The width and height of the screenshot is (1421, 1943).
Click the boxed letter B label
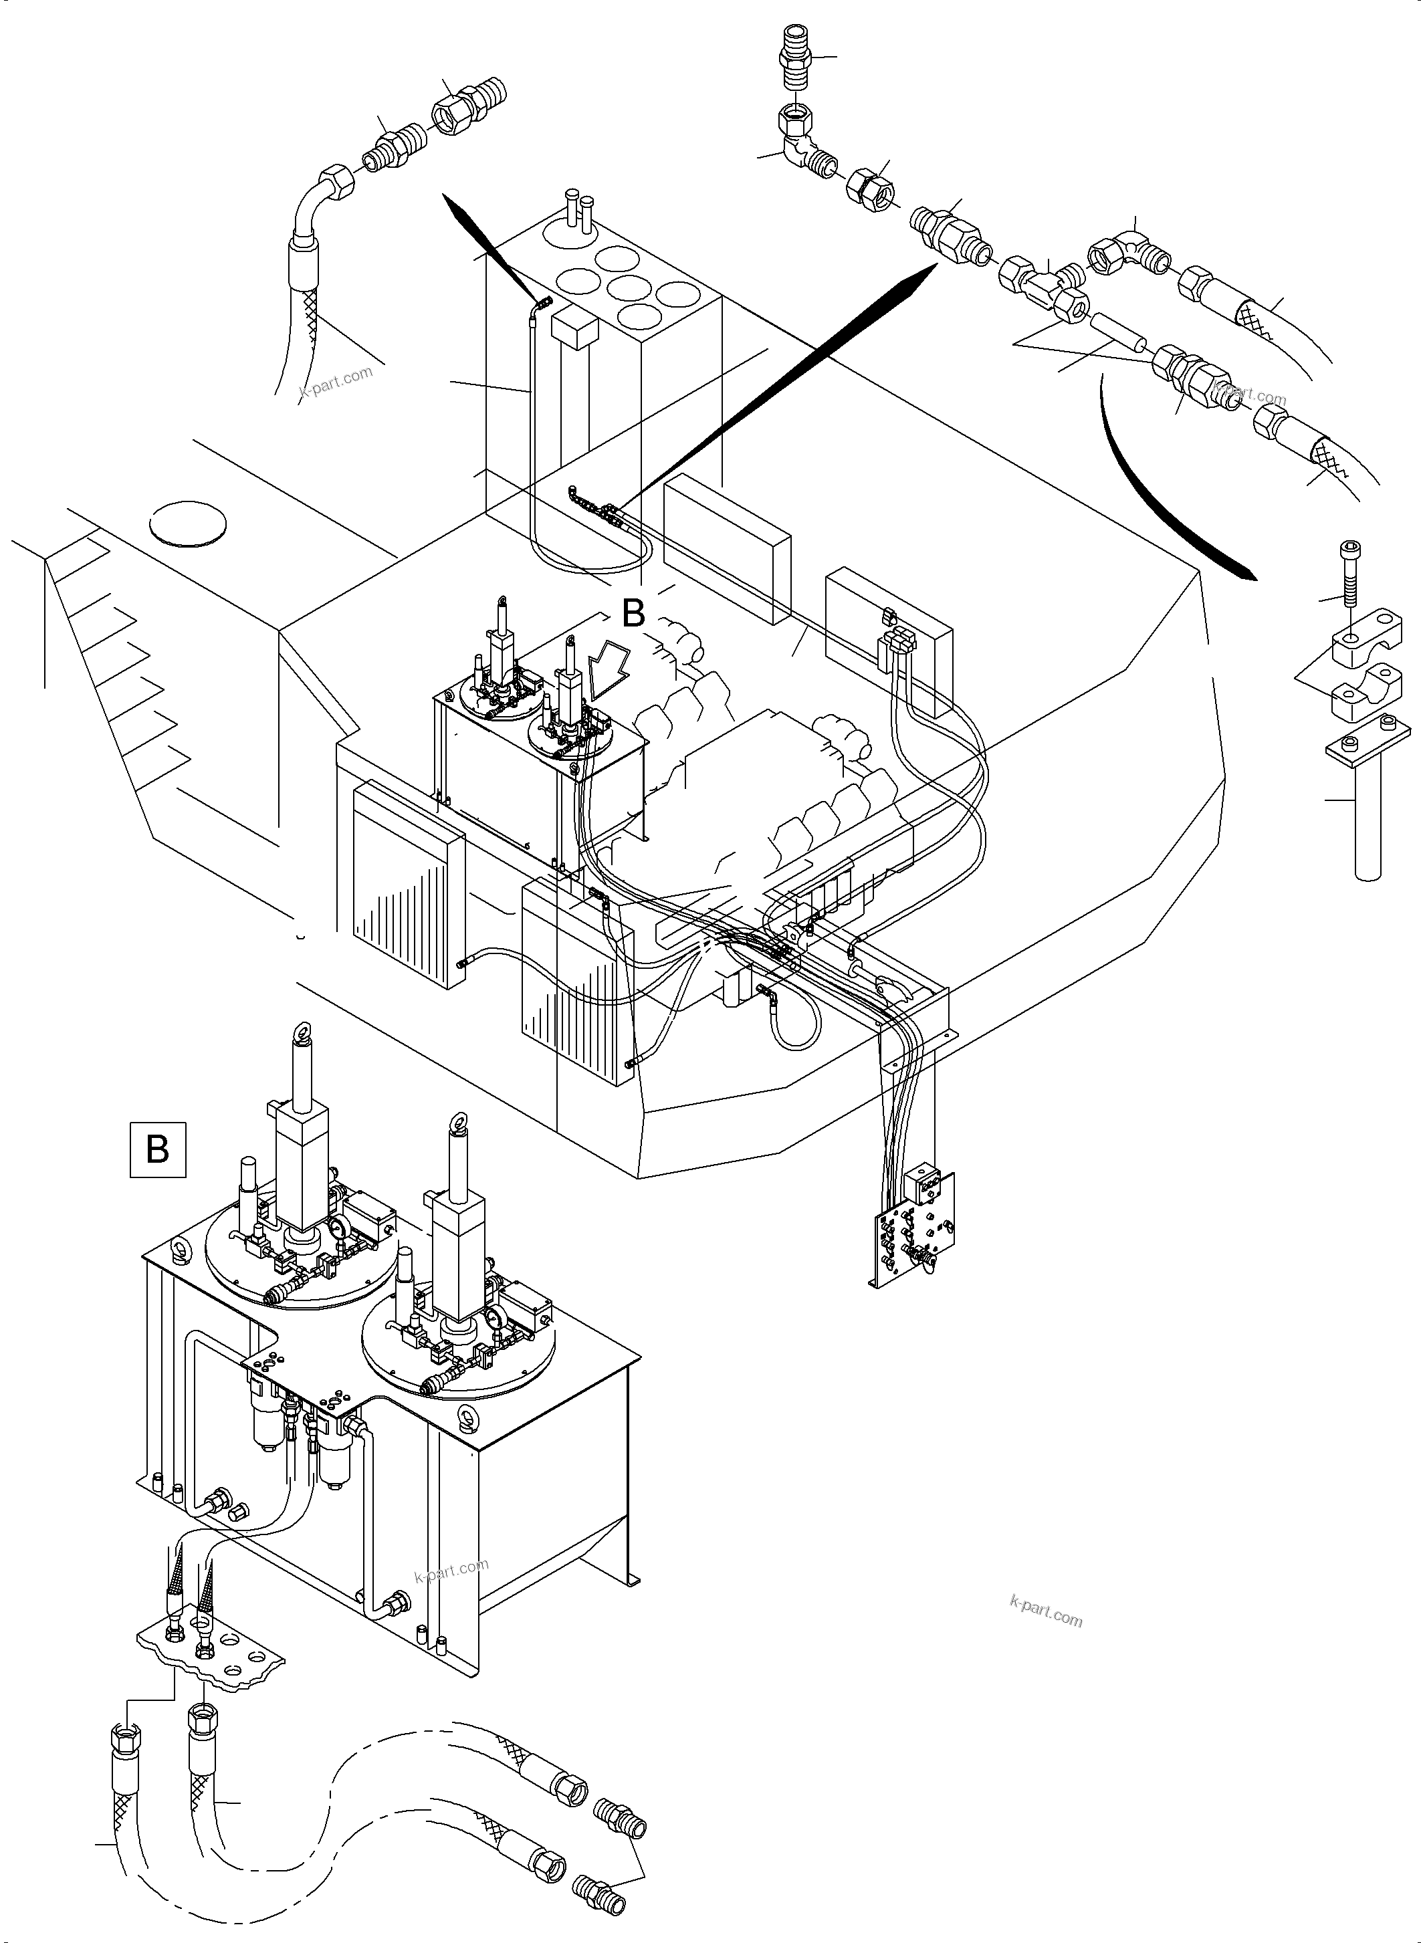157,1149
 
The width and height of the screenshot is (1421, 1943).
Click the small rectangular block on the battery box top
574,330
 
